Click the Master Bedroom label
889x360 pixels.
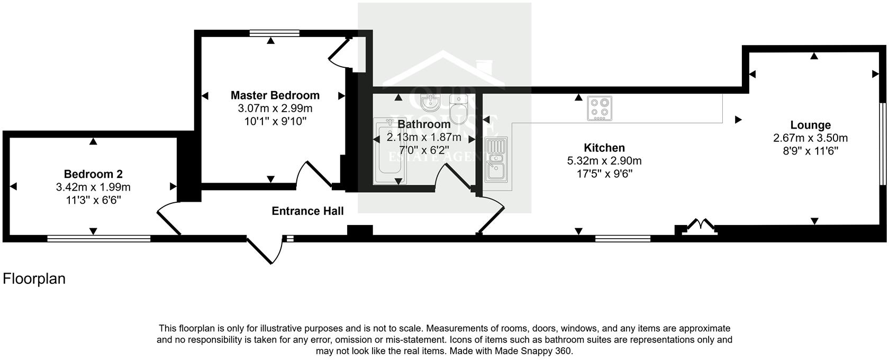coord(275,96)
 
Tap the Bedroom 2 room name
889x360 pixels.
coord(93,174)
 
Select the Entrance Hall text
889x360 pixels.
coord(307,211)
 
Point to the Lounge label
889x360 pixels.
coord(810,125)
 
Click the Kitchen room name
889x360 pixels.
coord(604,148)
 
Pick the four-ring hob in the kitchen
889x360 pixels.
coord(600,108)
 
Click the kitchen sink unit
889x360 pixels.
coord(496,157)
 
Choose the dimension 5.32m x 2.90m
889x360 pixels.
coord(604,161)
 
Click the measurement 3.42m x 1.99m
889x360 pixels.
coord(93,187)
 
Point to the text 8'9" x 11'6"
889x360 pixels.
coord(810,151)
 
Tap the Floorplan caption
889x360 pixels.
coord(34,279)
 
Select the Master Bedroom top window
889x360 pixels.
coord(275,33)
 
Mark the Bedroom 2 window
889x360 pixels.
coord(99,238)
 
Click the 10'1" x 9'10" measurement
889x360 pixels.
coord(275,121)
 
